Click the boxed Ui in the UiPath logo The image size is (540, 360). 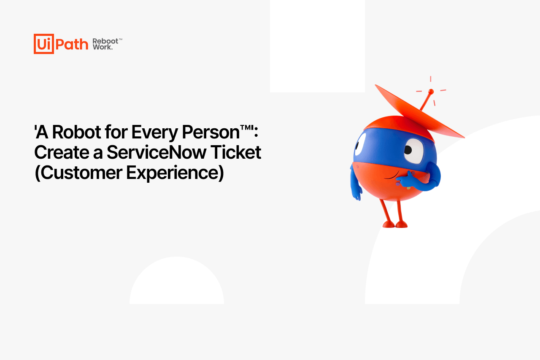43,44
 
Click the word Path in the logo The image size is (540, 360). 72,44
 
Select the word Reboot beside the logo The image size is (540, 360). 105,41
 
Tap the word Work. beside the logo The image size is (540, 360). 103,47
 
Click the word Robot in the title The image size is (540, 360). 77,132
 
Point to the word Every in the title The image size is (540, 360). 155,133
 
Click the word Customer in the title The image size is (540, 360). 81,173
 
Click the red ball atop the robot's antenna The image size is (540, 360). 431,92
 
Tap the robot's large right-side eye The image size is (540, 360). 414,151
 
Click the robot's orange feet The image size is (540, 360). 395,225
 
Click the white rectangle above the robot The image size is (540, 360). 317,46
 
